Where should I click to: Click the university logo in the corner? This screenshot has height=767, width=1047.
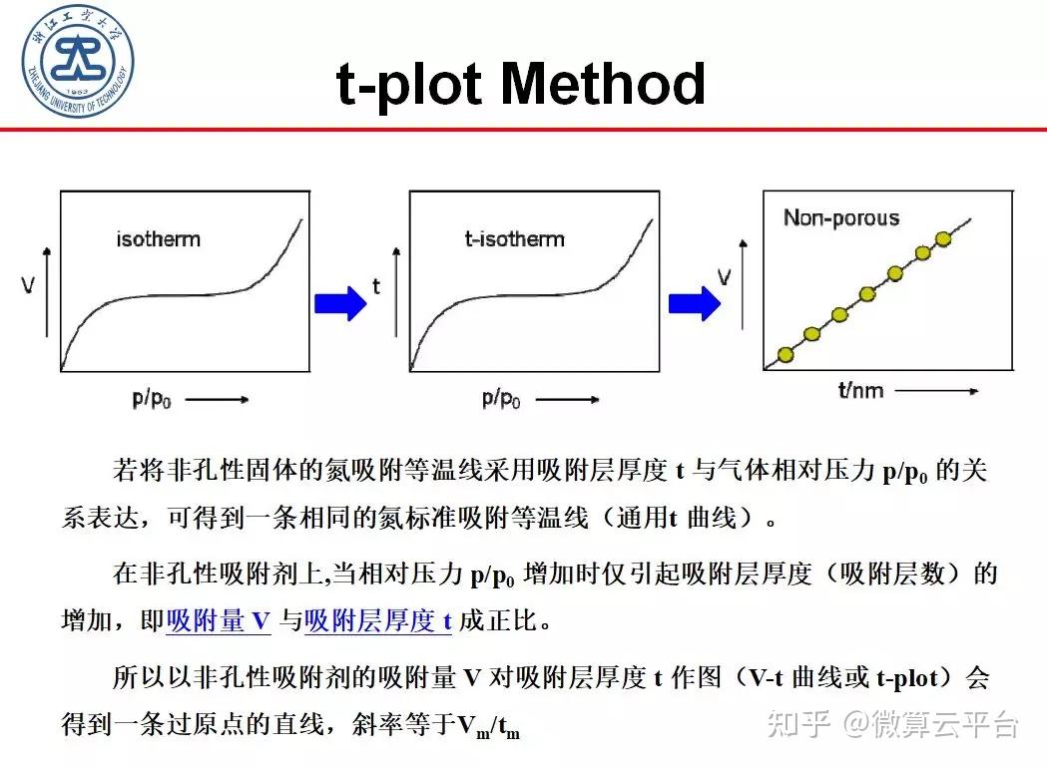pyautogui.click(x=79, y=59)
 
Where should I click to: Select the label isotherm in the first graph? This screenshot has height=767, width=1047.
pyautogui.click(x=158, y=239)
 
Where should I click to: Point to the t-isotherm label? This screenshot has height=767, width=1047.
pyautogui.click(x=514, y=239)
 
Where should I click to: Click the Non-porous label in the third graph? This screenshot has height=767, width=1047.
pyautogui.click(x=840, y=218)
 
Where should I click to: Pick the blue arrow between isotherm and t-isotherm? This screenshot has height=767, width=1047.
pyautogui.click(x=340, y=302)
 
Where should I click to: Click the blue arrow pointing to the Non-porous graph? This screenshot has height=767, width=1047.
pyautogui.click(x=694, y=302)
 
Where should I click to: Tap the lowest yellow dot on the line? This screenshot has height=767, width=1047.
pyautogui.click(x=785, y=354)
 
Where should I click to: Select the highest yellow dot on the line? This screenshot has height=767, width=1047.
pyautogui.click(x=944, y=239)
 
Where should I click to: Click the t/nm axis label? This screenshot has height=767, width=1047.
pyautogui.click(x=859, y=390)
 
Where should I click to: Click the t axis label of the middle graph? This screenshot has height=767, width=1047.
pyautogui.click(x=376, y=287)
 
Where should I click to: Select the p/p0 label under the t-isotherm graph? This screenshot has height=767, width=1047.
pyautogui.click(x=501, y=399)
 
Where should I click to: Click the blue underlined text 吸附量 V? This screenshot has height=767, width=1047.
pyautogui.click(x=219, y=621)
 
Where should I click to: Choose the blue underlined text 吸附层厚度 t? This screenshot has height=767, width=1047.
pyautogui.click(x=378, y=621)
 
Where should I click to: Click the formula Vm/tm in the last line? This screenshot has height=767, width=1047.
pyautogui.click(x=488, y=726)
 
